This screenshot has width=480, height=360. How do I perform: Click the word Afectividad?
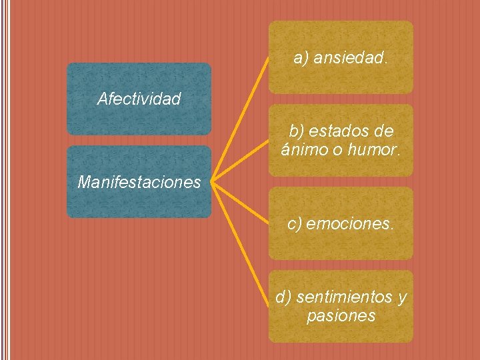tap(139, 99)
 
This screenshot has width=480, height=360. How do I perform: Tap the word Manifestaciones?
tap(139, 182)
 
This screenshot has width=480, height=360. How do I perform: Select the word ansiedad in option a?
tap(350, 59)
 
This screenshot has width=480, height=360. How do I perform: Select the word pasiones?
tap(341, 315)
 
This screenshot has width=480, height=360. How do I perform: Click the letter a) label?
tap(301, 59)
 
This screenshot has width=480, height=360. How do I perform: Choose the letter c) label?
tap(295, 225)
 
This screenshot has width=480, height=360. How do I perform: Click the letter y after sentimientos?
tap(401, 297)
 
